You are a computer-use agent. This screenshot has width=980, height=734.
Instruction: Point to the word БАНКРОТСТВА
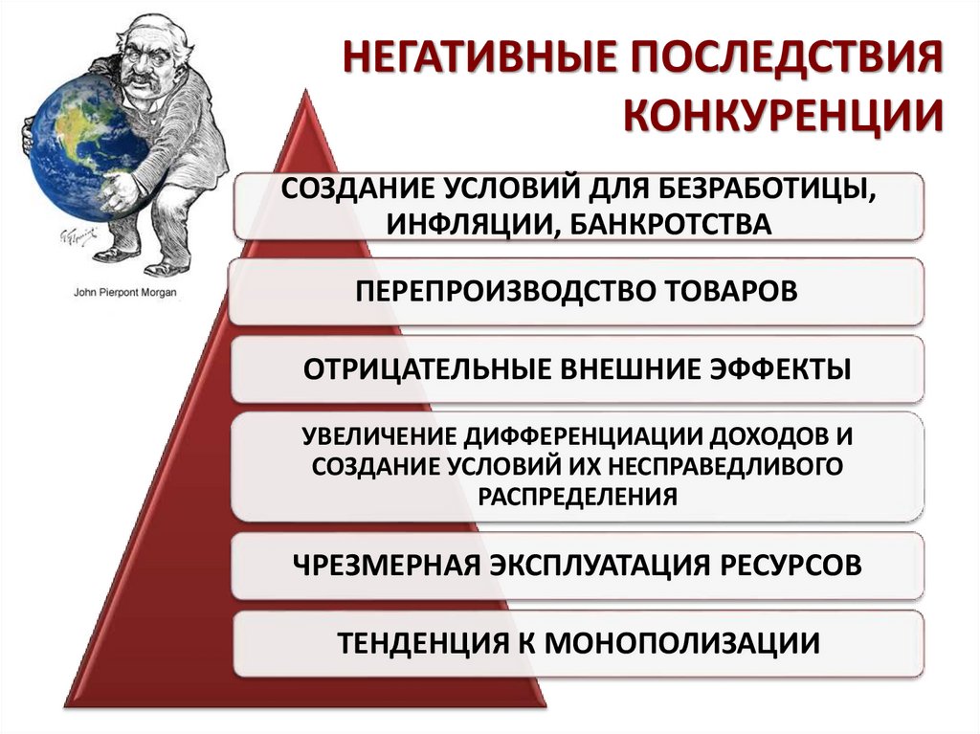pyautogui.click(x=680, y=223)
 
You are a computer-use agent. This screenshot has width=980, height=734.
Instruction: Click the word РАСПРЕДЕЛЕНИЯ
pyautogui.click(x=577, y=496)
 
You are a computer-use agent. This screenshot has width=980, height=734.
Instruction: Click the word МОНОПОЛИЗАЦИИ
pyautogui.click(x=682, y=641)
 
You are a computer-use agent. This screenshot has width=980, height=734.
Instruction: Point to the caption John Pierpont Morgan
pyautogui.click(x=125, y=293)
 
